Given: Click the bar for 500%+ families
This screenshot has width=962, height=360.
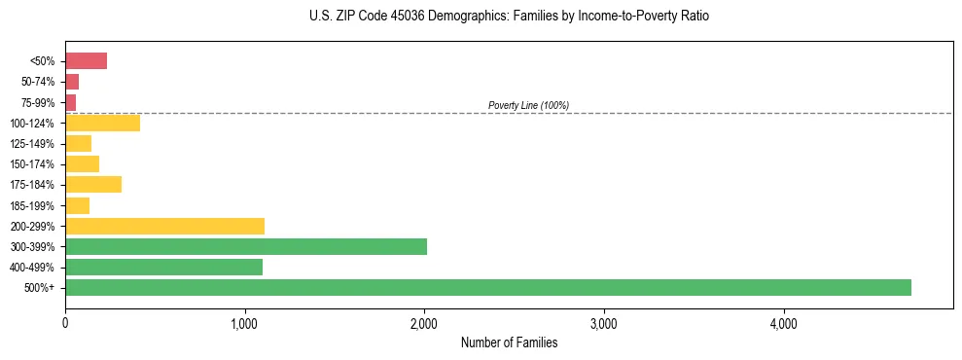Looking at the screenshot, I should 487,287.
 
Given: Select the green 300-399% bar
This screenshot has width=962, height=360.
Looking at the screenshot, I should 245,246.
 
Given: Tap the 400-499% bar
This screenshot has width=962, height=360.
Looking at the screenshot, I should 163,267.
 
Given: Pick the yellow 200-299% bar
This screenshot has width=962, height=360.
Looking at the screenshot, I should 164,226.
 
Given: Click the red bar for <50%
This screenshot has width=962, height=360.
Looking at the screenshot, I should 86,61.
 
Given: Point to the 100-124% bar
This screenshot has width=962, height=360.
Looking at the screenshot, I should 102,123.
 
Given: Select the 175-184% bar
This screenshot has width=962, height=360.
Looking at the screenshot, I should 93,184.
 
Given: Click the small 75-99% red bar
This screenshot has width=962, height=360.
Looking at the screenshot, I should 70,102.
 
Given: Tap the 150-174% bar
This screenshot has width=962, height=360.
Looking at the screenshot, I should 82,163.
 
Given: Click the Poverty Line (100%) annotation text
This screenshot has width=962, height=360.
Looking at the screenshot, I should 528,105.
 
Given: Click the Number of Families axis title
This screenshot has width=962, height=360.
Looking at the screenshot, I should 509,342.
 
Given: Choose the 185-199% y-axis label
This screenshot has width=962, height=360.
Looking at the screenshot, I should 33,205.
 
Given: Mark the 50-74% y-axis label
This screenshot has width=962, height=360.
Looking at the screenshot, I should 38,82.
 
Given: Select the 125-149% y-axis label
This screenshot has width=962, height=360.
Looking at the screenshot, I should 33,143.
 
